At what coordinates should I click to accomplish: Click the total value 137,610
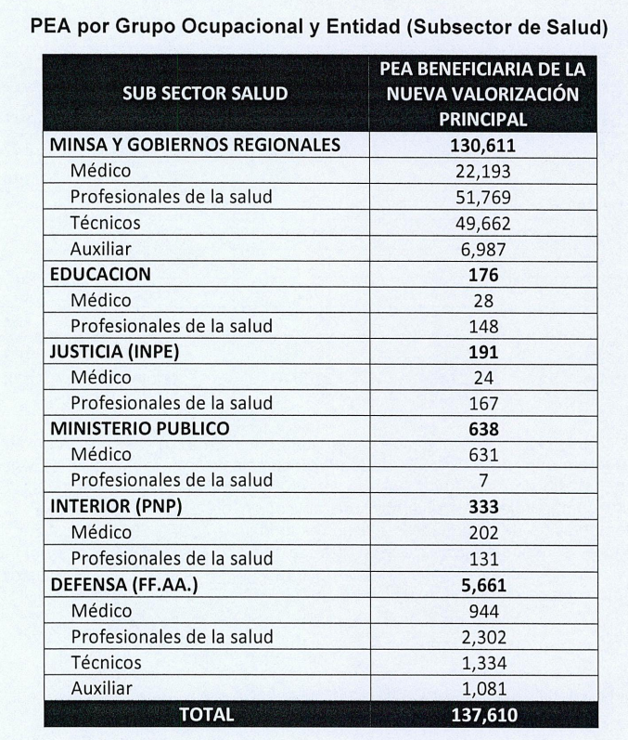click(483, 715)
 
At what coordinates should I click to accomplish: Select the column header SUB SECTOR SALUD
click(205, 94)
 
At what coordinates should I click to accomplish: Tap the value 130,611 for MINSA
click(483, 146)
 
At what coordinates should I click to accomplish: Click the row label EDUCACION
click(100, 275)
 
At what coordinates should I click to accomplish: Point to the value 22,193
click(483, 172)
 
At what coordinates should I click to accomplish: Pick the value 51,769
click(483, 198)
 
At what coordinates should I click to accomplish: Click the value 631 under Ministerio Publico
click(483, 455)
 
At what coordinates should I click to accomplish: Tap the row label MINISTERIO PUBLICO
click(139, 429)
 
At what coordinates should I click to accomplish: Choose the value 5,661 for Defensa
click(483, 585)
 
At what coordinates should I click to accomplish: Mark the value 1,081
click(483, 689)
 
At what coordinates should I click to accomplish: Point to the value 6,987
click(483, 250)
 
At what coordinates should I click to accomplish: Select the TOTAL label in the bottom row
click(206, 715)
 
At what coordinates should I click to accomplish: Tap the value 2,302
click(483, 637)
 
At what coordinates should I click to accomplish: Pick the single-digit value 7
click(483, 481)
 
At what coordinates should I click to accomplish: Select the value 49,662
click(483, 224)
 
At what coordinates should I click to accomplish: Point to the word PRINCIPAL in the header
click(482, 119)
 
